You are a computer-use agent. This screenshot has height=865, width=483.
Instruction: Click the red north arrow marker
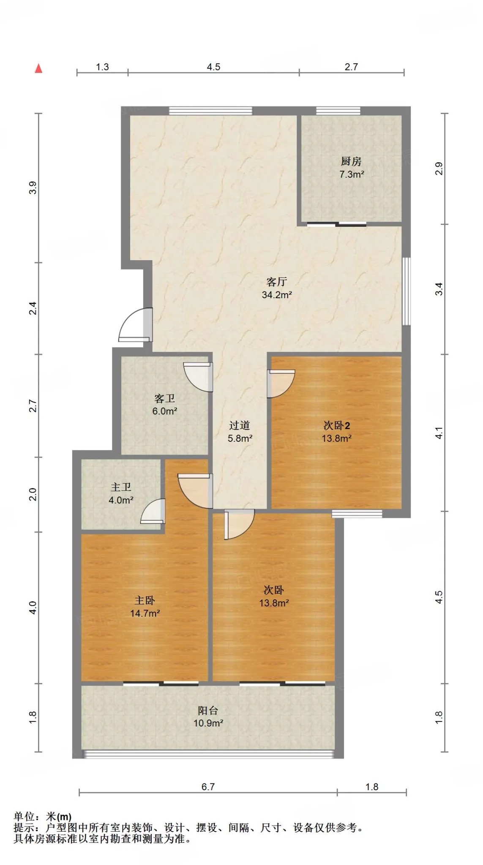click(38, 68)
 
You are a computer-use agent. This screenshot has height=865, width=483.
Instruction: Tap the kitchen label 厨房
click(351, 161)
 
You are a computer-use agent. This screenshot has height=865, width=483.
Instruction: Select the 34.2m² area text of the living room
click(277, 295)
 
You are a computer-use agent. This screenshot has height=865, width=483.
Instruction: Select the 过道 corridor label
click(240, 425)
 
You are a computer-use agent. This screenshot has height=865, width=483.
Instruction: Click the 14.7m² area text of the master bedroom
click(145, 613)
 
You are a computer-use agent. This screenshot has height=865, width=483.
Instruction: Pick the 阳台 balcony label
click(208, 710)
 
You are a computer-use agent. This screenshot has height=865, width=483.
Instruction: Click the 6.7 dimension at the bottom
click(208, 787)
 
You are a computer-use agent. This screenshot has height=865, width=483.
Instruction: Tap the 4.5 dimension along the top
click(213, 67)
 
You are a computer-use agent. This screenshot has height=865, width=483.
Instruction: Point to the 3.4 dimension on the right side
click(439, 289)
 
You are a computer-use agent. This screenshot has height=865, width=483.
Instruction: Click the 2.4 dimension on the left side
click(33, 308)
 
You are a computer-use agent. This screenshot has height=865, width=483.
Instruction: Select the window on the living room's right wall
click(406, 291)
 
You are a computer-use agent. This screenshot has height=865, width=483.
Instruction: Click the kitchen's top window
click(338, 111)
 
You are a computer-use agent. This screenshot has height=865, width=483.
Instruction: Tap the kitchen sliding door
click(337, 224)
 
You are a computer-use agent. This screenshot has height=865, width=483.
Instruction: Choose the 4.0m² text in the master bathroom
click(121, 500)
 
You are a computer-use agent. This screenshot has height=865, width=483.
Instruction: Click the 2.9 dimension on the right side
click(439, 169)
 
